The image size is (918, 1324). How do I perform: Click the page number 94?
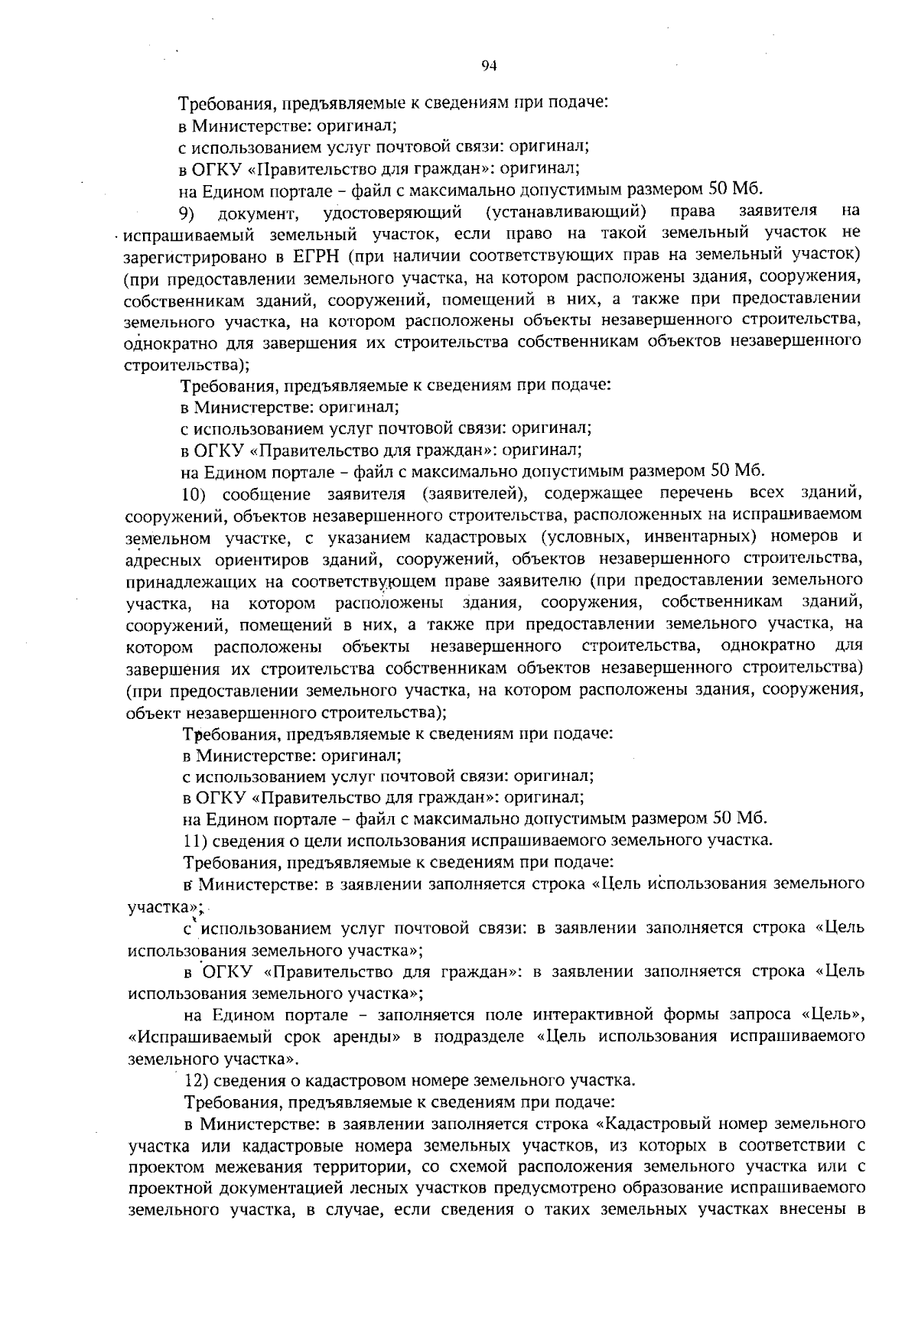coord(490,67)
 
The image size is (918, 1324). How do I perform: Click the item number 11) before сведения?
coord(194,841)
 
